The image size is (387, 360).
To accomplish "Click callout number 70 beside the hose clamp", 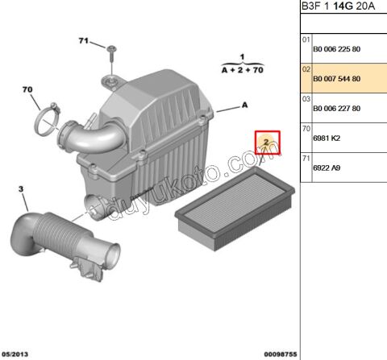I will [26, 89].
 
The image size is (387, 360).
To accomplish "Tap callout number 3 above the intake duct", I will [22, 190].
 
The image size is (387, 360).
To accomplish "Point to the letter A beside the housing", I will [244, 106].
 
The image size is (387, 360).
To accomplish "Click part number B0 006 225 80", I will [337, 48].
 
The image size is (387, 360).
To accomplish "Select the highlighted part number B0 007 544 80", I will [337, 78].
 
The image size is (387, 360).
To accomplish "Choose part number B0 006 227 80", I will [337, 108].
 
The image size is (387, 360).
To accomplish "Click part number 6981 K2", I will [326, 138].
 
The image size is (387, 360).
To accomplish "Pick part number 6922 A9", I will [326, 168].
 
